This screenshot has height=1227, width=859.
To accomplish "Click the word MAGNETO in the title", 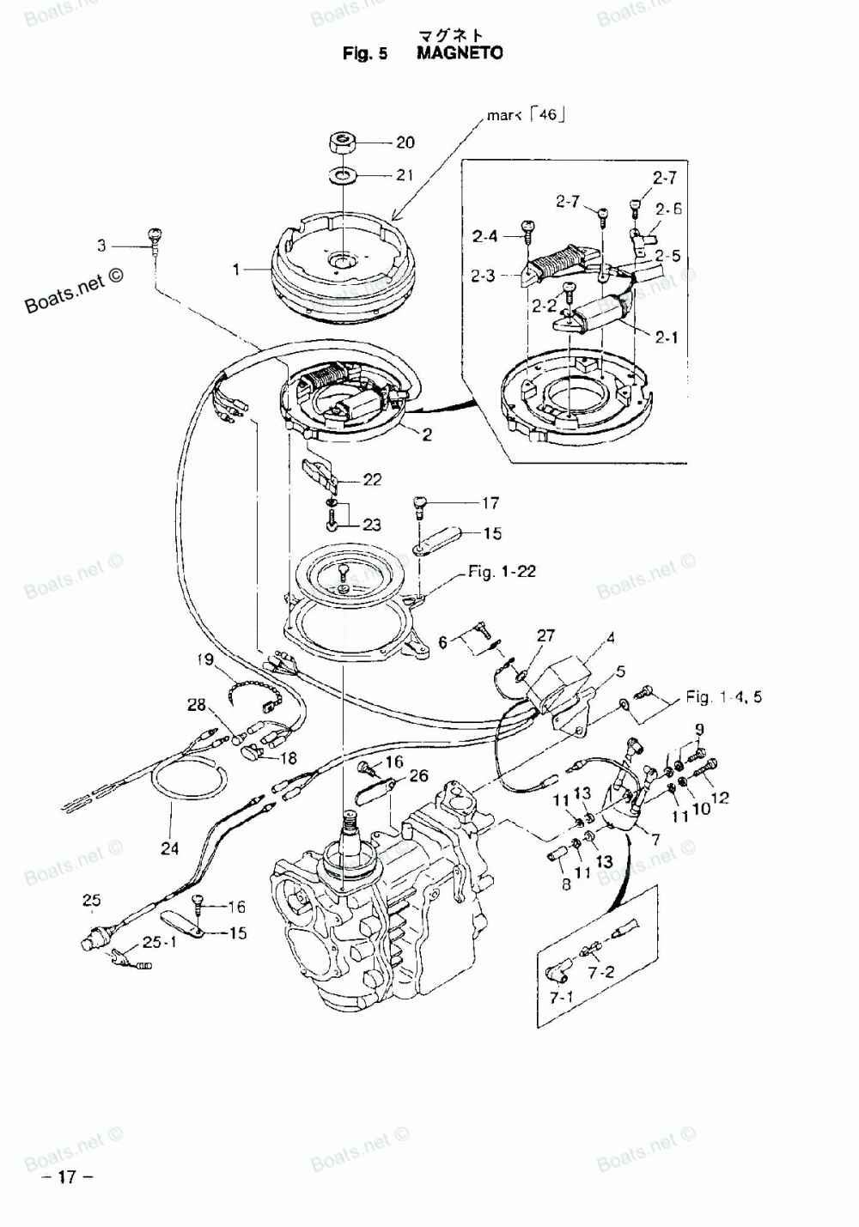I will [460, 53].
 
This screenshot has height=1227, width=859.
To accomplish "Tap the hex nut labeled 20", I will [343, 142].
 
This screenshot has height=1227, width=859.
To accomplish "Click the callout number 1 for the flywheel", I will [235, 270].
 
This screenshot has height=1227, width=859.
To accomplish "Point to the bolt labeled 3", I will [155, 235].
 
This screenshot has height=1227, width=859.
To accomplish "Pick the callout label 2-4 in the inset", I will [484, 234].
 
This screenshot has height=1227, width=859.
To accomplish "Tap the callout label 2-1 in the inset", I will [666, 338].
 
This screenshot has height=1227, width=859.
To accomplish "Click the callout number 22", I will [371, 480].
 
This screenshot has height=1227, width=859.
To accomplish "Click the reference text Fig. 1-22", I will [502, 571].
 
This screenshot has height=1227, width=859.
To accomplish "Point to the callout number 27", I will [545, 636].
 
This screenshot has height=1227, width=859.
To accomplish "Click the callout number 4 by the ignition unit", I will [610, 638].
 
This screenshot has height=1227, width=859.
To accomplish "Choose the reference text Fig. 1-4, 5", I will [723, 696].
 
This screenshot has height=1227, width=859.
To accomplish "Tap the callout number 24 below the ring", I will [170, 848].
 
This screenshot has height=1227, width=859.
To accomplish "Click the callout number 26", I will [418, 776].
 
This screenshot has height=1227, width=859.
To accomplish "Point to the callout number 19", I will [204, 660].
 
